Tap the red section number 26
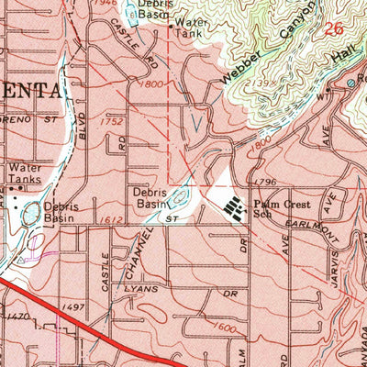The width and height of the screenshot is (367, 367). [335, 28]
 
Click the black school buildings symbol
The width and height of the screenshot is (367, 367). [234, 208]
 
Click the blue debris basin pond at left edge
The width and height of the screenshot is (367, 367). [31, 214]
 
